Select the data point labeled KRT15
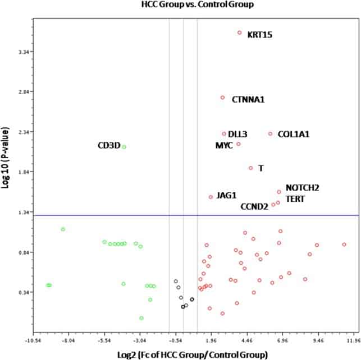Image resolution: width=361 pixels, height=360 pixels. tap(239, 33)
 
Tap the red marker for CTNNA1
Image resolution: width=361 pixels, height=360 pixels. tap(222, 98)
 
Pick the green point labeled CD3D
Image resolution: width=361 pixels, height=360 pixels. tap(124, 147)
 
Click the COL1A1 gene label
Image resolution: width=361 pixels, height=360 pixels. tap(293, 135)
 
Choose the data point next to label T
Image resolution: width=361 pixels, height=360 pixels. tap(251, 168)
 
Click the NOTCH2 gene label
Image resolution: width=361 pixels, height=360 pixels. tap(302, 188)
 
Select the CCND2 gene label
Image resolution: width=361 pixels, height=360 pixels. tap(254, 206)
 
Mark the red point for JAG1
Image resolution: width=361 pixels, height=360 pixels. tap(211, 197)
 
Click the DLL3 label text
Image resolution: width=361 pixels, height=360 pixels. tap(237, 135)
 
